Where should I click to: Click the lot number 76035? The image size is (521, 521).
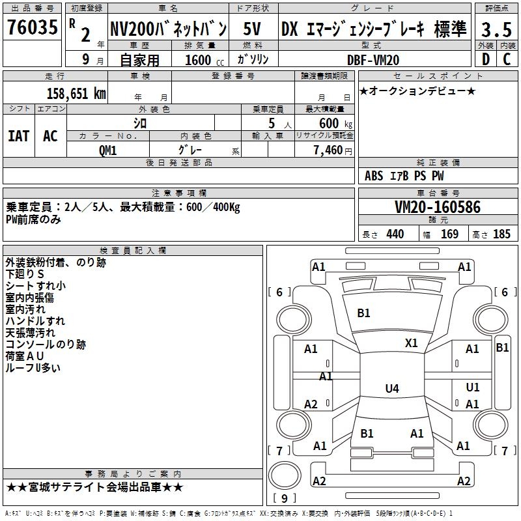[x=32, y=29]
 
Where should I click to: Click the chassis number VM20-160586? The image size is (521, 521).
[x=438, y=208]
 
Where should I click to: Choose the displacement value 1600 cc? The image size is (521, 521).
[x=199, y=60]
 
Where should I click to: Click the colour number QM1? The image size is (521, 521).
[x=107, y=149]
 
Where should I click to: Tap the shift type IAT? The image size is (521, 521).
[x=18, y=135]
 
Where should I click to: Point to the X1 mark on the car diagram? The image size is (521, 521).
[x=412, y=343]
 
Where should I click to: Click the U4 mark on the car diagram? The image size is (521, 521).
[x=391, y=389]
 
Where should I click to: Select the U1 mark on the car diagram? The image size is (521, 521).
[x=473, y=387]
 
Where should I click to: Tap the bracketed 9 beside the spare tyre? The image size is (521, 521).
[x=284, y=499]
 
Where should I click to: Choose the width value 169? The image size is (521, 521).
[x=449, y=234]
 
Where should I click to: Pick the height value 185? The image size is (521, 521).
[x=501, y=234]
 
